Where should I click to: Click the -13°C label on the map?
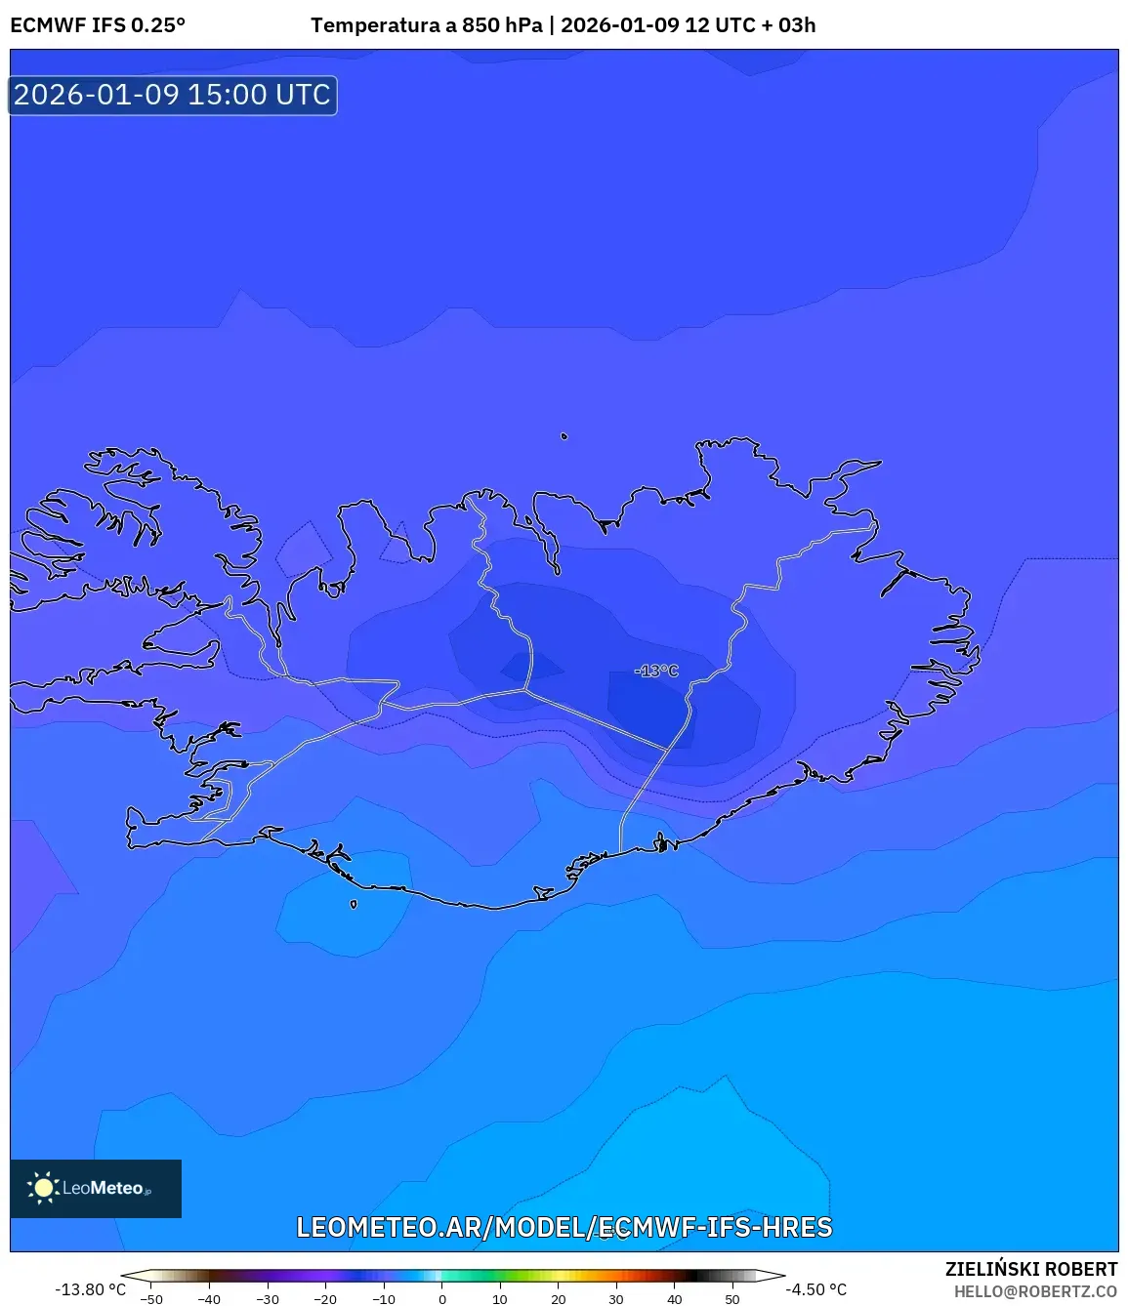656,671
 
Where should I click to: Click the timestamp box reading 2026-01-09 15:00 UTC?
173,95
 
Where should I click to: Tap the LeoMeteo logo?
96,1188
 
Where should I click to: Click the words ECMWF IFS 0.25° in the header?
98,25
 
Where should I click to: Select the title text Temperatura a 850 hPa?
426,25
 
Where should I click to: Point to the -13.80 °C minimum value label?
90,1289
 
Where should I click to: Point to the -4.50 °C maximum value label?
815,1289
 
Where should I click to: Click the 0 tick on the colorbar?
442,1299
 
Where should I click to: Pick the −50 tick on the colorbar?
151,1299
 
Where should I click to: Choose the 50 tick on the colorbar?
732,1299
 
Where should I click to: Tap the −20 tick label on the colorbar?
325,1299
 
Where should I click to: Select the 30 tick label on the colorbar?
616,1299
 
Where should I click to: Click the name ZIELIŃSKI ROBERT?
1030,1269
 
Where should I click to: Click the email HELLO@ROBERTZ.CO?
1035,1291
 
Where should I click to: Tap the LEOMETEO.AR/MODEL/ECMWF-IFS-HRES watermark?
564,1227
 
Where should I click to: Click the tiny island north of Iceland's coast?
564,436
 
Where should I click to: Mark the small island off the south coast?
354,904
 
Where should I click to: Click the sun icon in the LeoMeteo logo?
43,1188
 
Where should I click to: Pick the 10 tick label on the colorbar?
500,1299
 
